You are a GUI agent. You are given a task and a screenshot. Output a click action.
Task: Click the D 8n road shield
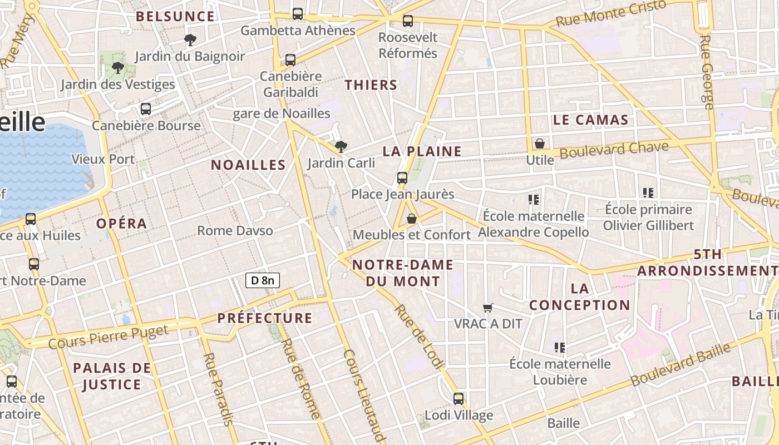262,280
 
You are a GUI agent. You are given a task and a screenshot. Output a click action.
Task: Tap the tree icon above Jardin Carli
341,147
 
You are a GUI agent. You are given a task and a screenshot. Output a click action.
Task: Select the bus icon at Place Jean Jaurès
402,178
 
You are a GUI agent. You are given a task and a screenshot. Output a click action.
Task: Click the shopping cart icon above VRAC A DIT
488,308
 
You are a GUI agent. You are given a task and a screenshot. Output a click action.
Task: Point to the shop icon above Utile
539,144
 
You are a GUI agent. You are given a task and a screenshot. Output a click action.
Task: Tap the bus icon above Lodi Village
458,399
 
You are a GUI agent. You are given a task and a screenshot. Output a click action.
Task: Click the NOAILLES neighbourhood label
248,165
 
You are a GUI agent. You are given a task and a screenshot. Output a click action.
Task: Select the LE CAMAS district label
590,120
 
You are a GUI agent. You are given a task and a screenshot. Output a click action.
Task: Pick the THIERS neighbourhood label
371,85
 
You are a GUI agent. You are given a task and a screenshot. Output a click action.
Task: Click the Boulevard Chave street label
614,149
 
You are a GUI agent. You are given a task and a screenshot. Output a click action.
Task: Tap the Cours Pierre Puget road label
108,337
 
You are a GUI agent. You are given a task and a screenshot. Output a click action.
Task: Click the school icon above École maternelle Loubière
560,348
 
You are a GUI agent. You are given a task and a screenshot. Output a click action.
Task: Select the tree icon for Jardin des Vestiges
117,68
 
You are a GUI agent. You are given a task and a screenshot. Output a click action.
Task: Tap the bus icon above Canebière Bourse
146,109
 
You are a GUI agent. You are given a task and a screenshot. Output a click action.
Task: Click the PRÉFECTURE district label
265,318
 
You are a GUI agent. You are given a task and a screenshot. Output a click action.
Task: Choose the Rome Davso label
235,230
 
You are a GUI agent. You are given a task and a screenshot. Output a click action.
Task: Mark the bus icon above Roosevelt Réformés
408,21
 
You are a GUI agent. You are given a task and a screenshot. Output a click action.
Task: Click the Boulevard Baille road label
681,365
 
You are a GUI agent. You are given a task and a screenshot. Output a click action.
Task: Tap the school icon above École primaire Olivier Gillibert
648,193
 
